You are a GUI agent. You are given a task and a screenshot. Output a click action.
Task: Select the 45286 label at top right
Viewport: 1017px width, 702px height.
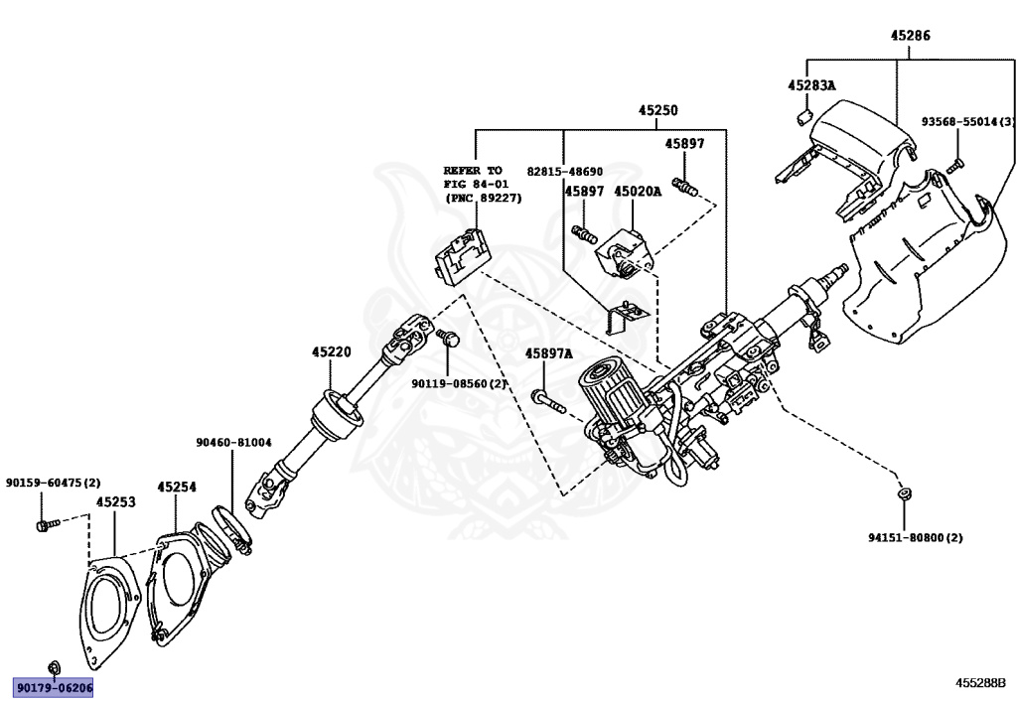910,36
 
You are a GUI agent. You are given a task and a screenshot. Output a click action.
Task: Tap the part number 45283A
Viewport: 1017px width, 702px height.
811,85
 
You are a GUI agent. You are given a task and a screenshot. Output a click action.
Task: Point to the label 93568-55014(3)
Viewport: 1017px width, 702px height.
962,122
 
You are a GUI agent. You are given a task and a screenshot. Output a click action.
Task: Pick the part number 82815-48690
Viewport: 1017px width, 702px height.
564,171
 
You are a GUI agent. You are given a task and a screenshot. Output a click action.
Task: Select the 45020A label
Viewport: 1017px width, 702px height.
637,191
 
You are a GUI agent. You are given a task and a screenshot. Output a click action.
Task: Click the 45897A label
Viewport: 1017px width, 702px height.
549,352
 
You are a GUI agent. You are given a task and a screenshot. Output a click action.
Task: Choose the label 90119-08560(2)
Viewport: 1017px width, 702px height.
460,382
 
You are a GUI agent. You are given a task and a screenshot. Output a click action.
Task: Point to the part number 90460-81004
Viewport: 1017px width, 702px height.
233,442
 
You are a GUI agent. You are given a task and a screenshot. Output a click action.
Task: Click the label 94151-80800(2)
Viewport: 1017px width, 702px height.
915,537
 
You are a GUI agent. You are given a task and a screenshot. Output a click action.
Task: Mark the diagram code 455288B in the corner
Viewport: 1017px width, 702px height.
980,683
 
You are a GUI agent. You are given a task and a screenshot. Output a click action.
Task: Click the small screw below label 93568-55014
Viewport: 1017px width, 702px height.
954,165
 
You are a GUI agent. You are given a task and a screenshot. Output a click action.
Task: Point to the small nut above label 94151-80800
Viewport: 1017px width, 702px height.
902,493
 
